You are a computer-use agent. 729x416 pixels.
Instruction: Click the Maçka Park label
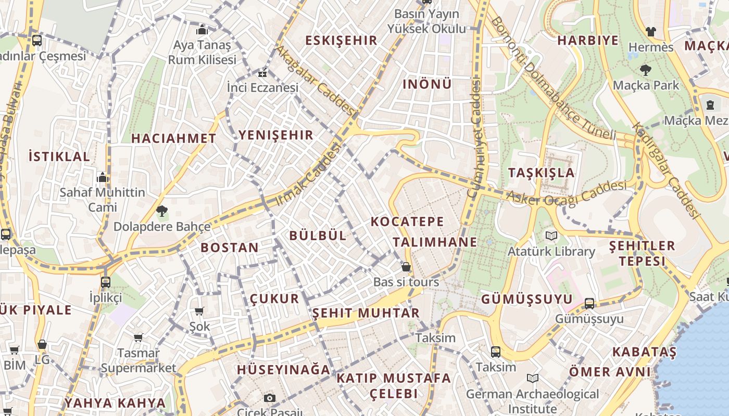646,85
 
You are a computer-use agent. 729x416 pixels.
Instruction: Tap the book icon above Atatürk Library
551,236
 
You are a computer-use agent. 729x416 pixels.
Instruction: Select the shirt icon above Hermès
650,31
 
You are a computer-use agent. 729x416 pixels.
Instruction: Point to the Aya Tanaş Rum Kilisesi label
202,53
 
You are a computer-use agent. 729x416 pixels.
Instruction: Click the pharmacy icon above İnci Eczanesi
262,73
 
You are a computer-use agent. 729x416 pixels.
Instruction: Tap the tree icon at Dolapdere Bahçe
162,211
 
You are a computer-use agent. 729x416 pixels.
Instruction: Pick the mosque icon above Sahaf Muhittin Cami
103,177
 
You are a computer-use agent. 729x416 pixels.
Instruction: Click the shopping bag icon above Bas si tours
406,267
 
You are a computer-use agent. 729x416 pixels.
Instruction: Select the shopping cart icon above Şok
199,311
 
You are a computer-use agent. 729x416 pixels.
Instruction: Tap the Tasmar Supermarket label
139,360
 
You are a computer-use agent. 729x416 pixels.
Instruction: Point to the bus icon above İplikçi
106,282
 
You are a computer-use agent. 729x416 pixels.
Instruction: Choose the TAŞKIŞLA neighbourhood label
542,173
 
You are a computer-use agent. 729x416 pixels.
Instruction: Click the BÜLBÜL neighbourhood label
318,236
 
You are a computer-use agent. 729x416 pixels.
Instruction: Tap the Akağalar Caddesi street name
315,81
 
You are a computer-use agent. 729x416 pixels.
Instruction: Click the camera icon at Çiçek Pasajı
269,398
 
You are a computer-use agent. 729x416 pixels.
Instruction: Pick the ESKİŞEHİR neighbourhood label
341,41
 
